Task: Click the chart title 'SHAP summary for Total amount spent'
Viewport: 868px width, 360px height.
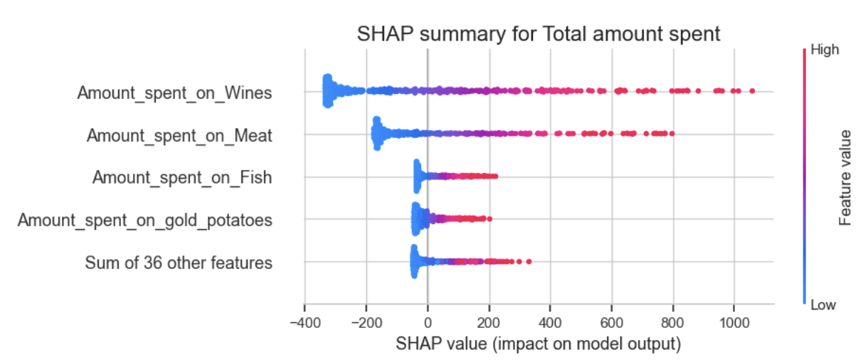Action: (x=539, y=33)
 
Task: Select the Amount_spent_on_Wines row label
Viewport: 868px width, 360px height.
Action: (x=174, y=92)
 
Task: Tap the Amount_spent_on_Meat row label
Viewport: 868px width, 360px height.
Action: (x=179, y=135)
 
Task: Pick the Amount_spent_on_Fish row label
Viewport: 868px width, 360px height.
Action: (x=182, y=178)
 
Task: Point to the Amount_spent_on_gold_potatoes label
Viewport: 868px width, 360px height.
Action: (x=144, y=221)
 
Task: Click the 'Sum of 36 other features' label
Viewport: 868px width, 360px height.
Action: (x=179, y=263)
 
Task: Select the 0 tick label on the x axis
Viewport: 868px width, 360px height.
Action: (x=428, y=325)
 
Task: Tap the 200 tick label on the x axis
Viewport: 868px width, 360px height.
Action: (x=489, y=325)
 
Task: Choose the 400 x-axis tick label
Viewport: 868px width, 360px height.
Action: (x=550, y=325)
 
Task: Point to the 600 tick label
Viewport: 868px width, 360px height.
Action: (x=611, y=325)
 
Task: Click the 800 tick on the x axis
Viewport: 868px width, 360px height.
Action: (x=672, y=325)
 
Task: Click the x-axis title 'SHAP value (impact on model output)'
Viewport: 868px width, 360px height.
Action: (x=539, y=345)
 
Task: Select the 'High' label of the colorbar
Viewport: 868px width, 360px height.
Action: (x=825, y=50)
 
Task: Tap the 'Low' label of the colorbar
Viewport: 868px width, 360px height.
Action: (x=823, y=305)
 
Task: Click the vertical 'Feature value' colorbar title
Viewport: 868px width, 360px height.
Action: (x=845, y=177)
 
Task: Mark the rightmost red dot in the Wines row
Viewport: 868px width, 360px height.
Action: (x=752, y=91)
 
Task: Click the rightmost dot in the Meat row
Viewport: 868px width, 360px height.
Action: (x=671, y=134)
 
